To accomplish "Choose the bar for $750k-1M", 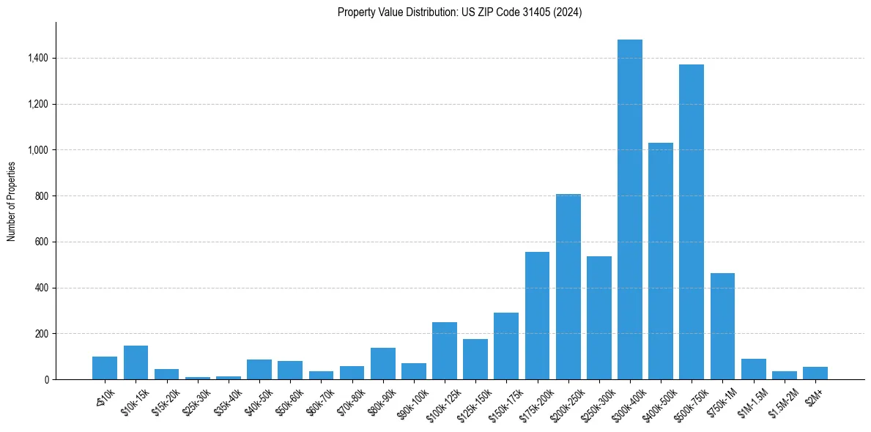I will pyautogui.click(x=722, y=327).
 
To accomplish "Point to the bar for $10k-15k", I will pyautogui.click(x=136, y=362).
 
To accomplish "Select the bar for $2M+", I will pyautogui.click(x=815, y=373).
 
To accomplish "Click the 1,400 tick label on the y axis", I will pyautogui.click(x=37, y=59).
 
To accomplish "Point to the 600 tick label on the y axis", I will pyautogui.click(x=42, y=242).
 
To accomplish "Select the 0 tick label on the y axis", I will pyautogui.click(x=46, y=380).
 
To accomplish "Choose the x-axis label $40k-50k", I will pyautogui.click(x=259, y=399).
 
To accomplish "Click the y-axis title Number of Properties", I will pyautogui.click(x=12, y=201).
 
